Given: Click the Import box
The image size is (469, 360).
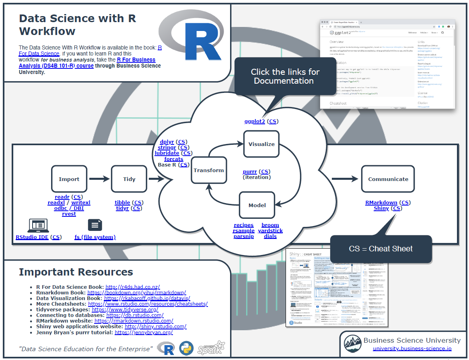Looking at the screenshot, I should [x=69, y=179].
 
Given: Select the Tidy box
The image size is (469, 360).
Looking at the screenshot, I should [x=129, y=179].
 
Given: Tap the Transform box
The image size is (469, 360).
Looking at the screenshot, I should [x=209, y=171].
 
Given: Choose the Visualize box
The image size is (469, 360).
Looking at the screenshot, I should [x=261, y=144].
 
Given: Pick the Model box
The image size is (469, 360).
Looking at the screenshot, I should [x=257, y=205].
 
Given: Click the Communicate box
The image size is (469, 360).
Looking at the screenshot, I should [x=388, y=179].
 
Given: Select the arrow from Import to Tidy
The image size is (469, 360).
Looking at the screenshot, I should [x=99, y=179].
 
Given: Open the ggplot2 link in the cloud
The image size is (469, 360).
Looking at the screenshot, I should [x=255, y=121].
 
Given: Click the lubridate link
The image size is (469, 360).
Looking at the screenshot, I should [x=167, y=153].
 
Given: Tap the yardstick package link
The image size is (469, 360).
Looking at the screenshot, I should [x=270, y=231].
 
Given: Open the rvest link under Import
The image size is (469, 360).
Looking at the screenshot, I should [x=69, y=214].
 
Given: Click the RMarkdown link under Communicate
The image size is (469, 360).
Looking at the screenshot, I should [x=381, y=203].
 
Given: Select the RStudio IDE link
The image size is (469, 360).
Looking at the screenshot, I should [x=32, y=237].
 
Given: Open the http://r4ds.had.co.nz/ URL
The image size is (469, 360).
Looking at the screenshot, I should [x=133, y=287].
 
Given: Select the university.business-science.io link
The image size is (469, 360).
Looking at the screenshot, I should [x=412, y=349].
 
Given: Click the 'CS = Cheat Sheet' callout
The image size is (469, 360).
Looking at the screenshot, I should [x=381, y=249].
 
